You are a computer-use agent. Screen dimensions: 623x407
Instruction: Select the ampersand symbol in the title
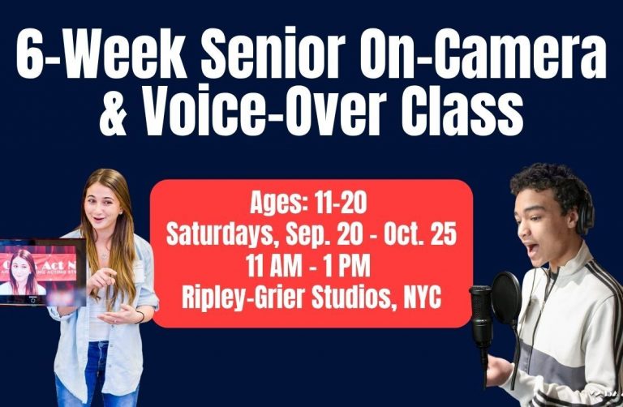coord(114,111)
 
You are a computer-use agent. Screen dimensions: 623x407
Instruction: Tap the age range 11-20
coord(341,203)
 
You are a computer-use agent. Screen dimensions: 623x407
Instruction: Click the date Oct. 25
coord(420,234)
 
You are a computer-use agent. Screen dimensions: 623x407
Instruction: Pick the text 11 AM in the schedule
coord(273,266)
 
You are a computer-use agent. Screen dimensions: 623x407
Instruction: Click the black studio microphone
coord(482,318)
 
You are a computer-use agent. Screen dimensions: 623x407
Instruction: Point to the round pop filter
coord(505,298)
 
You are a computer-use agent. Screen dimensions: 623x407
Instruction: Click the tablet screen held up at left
coord(40,272)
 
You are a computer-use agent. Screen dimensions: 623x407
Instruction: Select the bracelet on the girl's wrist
coord(140,317)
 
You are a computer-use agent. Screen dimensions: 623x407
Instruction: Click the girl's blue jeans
coord(97,375)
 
